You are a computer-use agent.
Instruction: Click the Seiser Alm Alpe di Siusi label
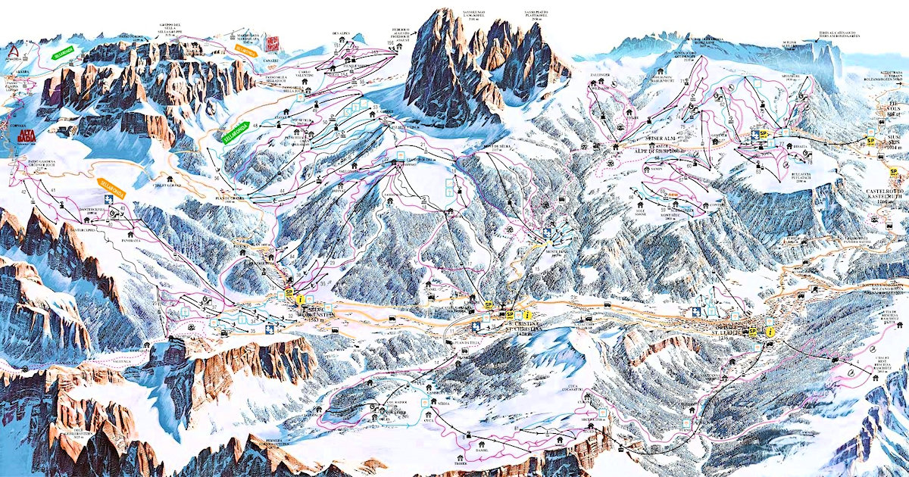[x=633, y=151]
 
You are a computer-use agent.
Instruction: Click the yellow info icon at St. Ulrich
[x=770, y=332]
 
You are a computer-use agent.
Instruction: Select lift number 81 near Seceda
[x=516, y=429]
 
